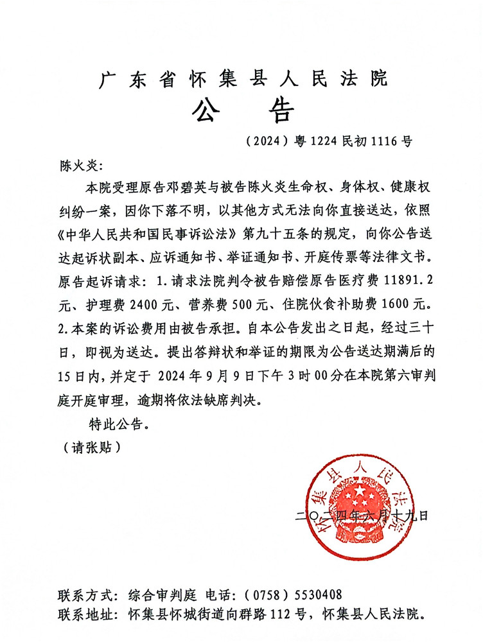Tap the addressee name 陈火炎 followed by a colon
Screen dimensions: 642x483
(76, 167)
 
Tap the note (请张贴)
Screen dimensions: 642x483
(89, 446)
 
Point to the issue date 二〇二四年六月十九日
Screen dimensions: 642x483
(361, 515)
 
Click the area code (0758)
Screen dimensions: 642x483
(267, 594)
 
